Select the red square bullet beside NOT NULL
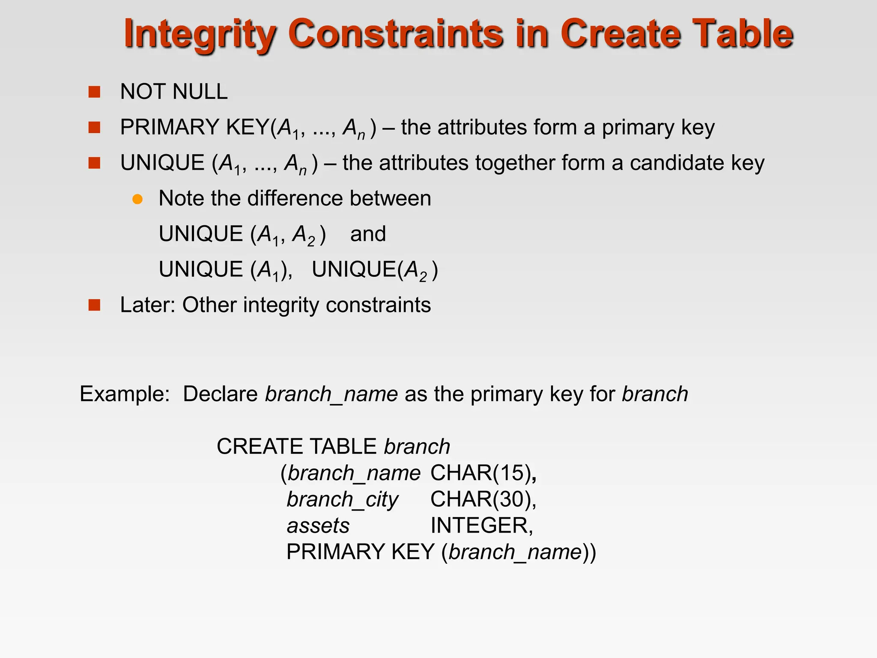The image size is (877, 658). tap(94, 92)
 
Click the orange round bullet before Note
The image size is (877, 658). tap(137, 199)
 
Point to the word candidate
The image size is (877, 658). tap(677, 163)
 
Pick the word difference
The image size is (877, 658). tap(295, 199)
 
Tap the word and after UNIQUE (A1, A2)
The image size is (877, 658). tap(368, 234)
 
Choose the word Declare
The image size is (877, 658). tap(220, 394)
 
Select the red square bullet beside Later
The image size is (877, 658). tap(94, 305)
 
